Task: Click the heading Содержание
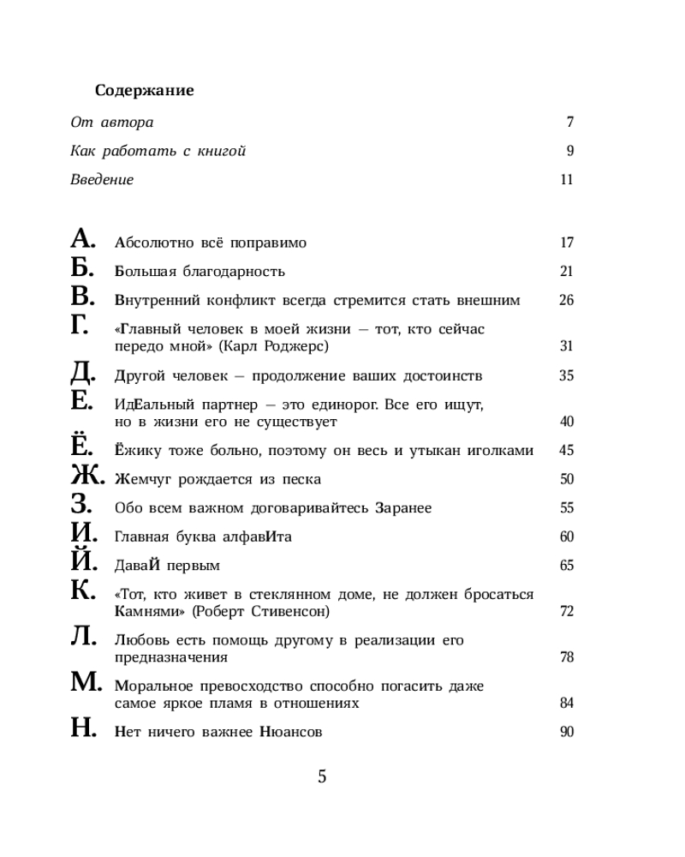click(144, 90)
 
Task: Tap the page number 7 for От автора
click(569, 123)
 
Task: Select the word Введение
click(102, 180)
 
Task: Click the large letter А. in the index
click(85, 239)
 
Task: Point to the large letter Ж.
click(86, 476)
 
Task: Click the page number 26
click(566, 300)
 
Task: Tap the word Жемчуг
click(142, 480)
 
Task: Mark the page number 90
click(566, 732)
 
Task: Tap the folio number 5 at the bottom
click(322, 777)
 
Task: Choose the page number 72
click(566, 612)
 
